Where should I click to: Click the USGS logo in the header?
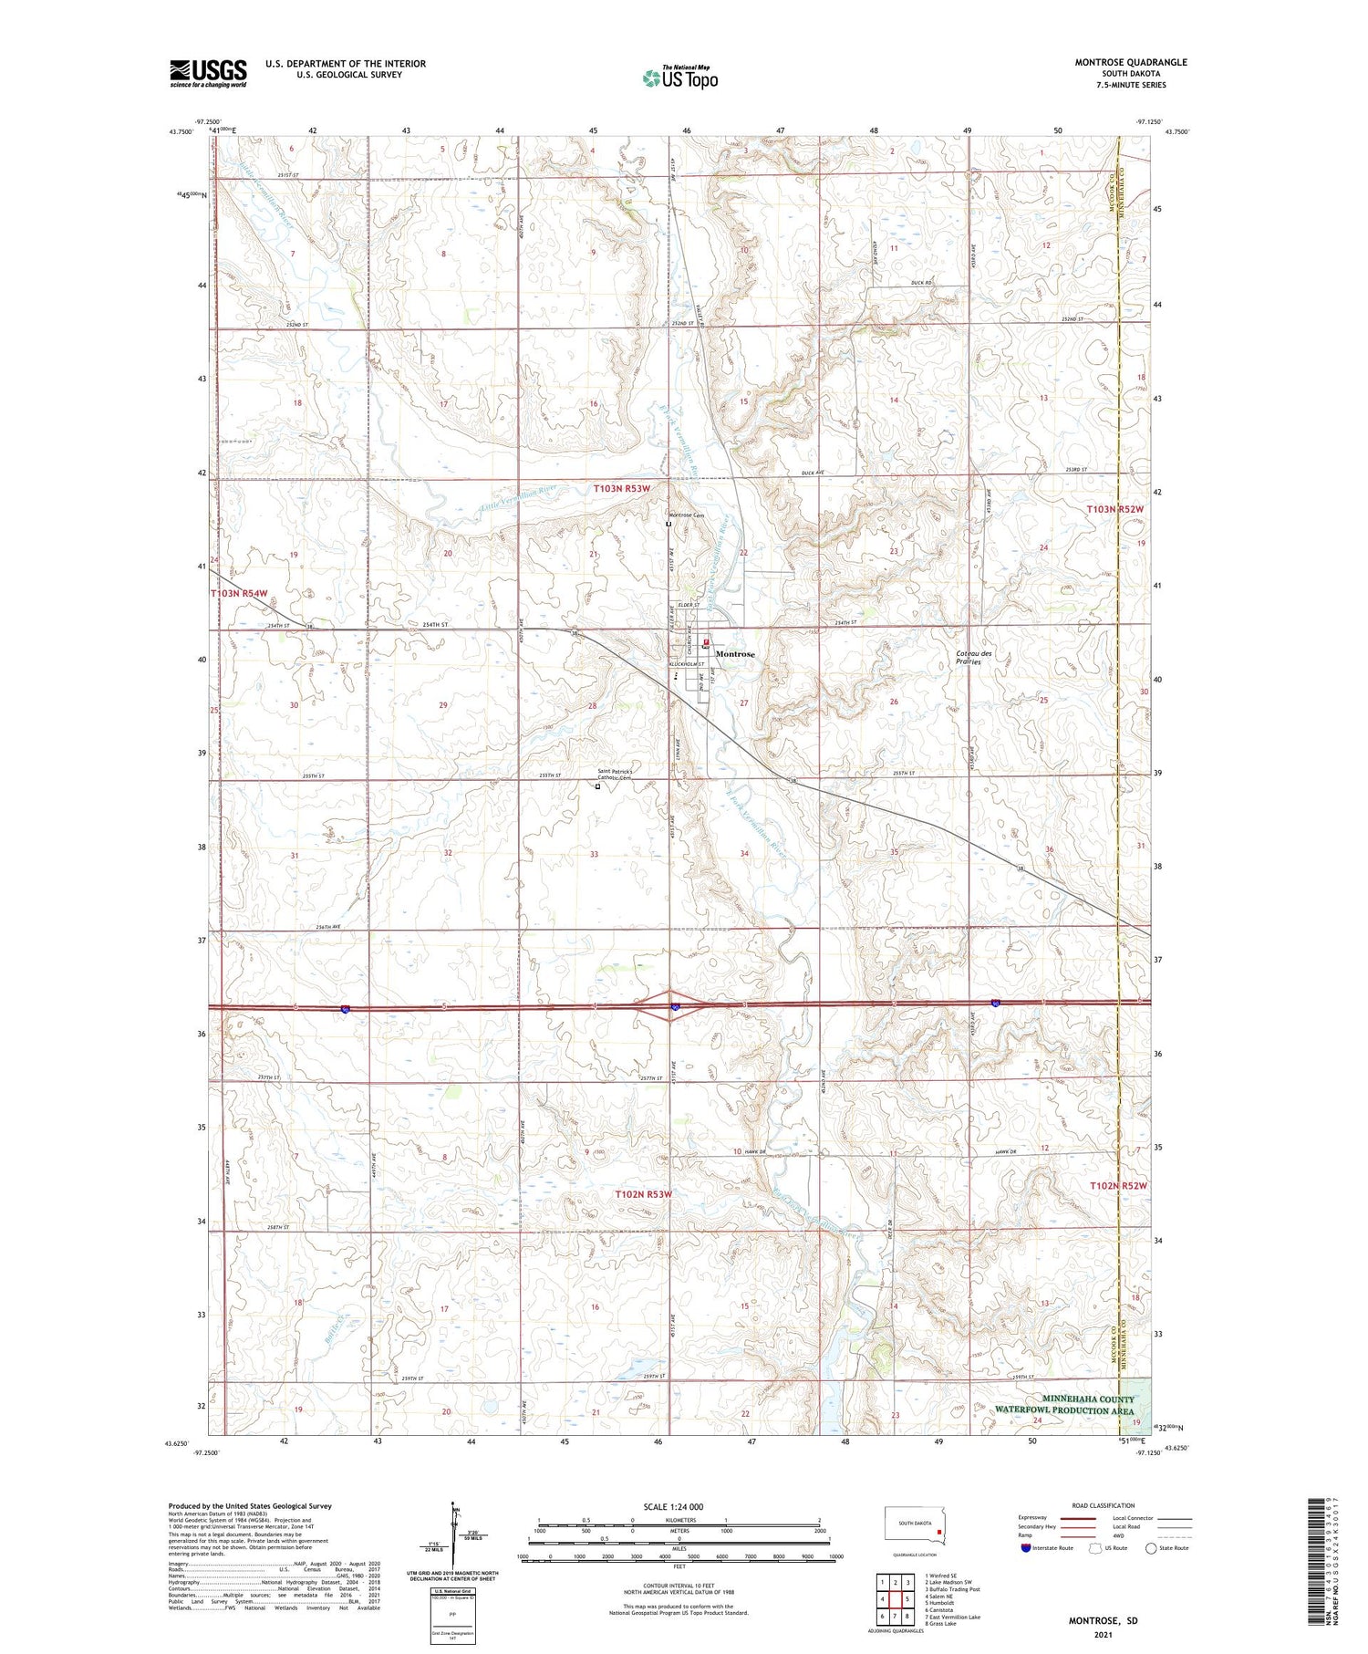pos(208,73)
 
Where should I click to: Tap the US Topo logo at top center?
pos(679,78)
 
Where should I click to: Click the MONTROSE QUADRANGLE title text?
pos(1130,62)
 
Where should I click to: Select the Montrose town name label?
pos(735,654)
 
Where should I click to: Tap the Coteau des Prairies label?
pos(974,657)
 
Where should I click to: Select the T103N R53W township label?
pos(622,488)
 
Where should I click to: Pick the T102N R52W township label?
pos(1118,1185)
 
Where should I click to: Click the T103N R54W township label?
pos(239,593)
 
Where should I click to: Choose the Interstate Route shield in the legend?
pos(1026,1548)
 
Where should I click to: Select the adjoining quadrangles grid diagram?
pos(895,1598)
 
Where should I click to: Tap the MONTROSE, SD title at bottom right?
pos(1104,1620)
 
